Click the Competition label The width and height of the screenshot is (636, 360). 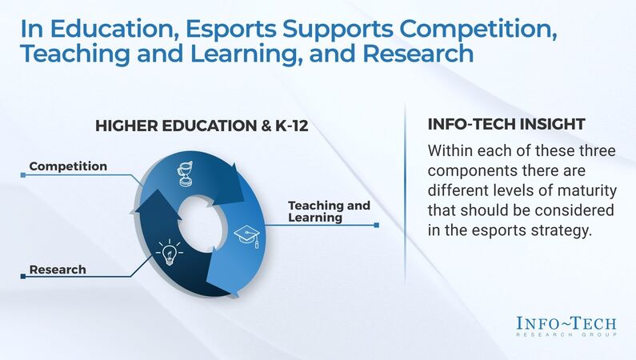[x=68, y=166]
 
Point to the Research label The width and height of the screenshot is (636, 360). [x=58, y=270]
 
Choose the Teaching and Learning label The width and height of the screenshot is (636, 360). [x=329, y=211]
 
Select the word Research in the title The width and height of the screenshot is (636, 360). [x=418, y=55]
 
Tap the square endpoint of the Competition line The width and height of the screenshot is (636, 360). [x=23, y=174]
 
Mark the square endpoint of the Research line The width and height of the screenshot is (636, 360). [x=23, y=277]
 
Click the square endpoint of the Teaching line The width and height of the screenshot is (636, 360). [x=377, y=226]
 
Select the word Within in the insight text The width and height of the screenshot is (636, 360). [x=452, y=151]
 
